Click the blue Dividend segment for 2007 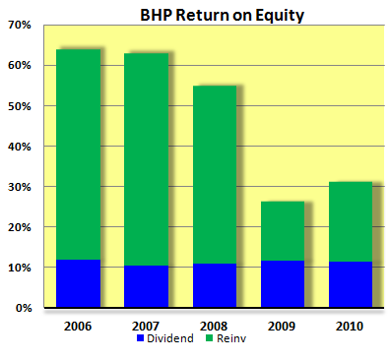147,286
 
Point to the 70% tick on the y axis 19,25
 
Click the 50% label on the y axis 19,105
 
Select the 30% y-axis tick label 19,187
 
